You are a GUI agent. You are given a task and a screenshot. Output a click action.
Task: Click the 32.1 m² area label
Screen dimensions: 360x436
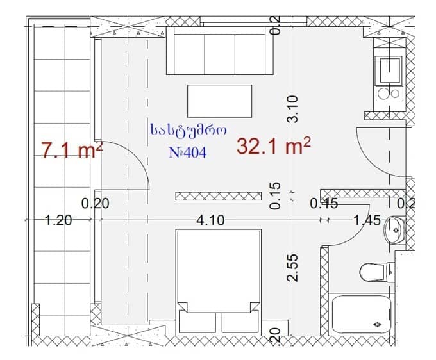[x=274, y=147]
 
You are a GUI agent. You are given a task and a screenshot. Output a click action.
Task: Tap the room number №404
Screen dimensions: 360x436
[x=187, y=153]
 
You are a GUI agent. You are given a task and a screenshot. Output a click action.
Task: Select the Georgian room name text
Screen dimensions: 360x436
[x=188, y=130]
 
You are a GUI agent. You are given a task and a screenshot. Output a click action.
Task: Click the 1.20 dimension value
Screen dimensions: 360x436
[x=58, y=220]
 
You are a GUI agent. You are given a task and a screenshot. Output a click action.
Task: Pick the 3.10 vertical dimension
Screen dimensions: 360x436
[x=292, y=109]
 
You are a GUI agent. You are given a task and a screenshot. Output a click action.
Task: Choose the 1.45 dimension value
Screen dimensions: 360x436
[x=367, y=220]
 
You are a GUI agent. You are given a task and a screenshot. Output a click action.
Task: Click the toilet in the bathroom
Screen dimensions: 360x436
[x=374, y=272]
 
